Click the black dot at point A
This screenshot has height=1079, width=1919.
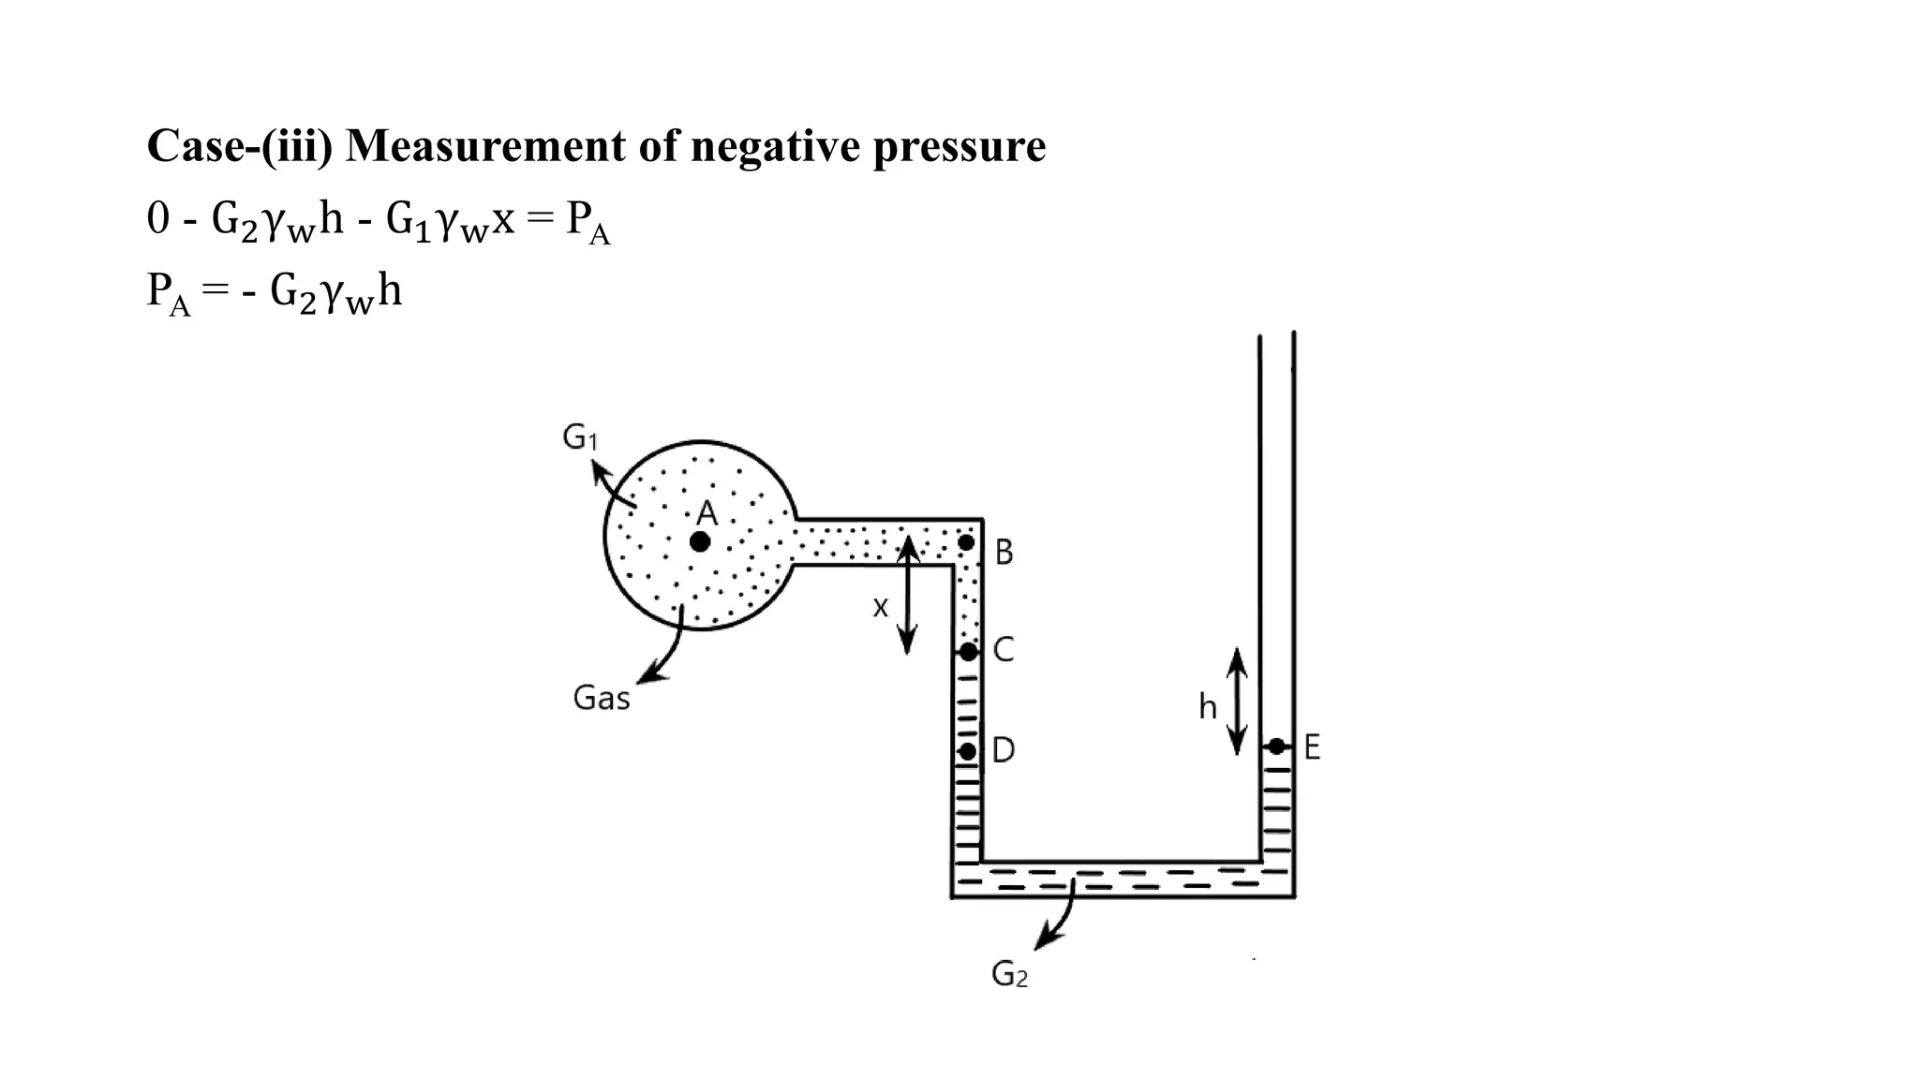pos(700,541)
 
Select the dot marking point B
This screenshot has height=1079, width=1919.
pos(966,542)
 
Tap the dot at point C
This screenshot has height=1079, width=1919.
pos(969,651)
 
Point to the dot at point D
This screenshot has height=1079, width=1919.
pos(968,751)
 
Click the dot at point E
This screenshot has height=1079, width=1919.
pos(1276,746)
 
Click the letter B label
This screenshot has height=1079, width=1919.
pos(1004,553)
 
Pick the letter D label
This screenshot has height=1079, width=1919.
pos(1004,750)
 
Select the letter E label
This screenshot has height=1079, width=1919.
pos(1312,747)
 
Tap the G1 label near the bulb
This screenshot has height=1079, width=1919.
pos(580,437)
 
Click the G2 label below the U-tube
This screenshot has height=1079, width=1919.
pos(1009,975)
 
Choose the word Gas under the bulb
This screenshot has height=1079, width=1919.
pos(602,698)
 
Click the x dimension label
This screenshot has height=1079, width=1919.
pos(880,608)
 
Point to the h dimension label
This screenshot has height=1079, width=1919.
pos(1208,707)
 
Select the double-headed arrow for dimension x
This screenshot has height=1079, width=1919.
pos(906,595)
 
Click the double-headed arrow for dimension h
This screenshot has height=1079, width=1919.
pos(1237,701)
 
